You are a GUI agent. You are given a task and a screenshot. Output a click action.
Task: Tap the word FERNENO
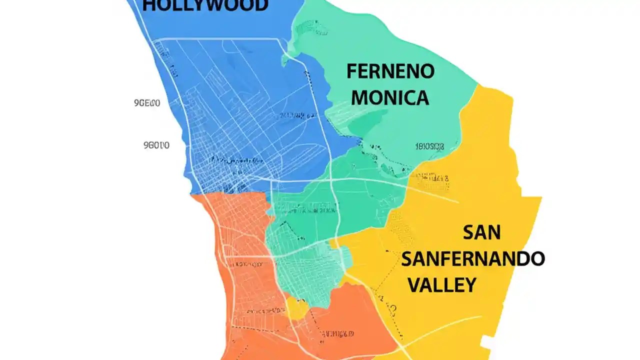[x=390, y=71]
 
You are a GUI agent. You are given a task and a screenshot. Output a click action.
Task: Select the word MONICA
[x=390, y=97]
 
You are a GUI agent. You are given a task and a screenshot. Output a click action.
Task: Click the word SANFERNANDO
[x=472, y=259]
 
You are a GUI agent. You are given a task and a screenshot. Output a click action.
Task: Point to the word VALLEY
[x=442, y=285]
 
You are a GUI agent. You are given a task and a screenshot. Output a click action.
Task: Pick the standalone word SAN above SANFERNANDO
[x=481, y=232]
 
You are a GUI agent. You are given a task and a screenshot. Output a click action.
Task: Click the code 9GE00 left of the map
[x=147, y=103]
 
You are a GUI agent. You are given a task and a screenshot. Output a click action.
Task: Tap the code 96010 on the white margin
[x=156, y=145]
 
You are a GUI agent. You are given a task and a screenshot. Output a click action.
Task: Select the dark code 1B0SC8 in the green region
[x=429, y=146]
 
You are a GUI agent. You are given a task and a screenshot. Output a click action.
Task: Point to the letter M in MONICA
[x=360, y=97]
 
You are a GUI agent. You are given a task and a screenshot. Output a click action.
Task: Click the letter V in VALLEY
[x=415, y=285]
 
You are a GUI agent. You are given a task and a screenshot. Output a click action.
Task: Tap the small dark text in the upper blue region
[x=295, y=115]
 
